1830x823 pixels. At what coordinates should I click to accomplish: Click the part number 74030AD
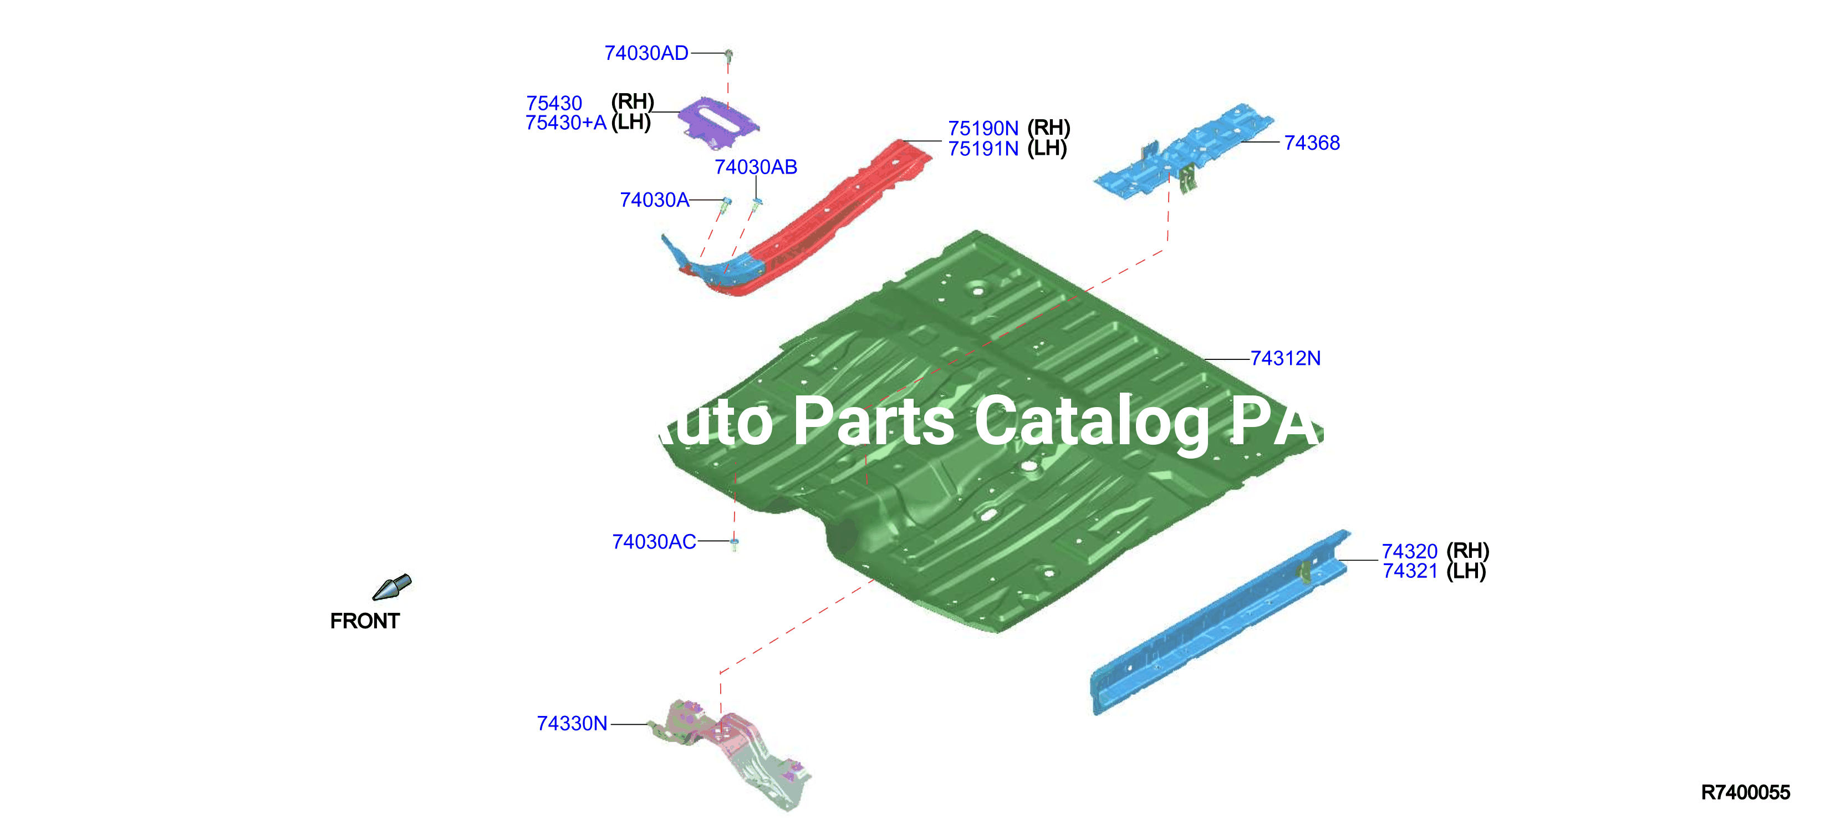646,53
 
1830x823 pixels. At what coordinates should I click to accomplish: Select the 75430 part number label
554,103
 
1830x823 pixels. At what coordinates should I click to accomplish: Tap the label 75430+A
566,123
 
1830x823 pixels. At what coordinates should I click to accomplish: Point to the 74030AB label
756,167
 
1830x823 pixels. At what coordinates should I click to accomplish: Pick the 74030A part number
654,200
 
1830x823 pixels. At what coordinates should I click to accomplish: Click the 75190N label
983,129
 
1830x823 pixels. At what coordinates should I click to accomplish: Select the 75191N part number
983,149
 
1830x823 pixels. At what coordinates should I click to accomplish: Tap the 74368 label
1312,143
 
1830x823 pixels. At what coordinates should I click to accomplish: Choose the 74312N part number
1286,358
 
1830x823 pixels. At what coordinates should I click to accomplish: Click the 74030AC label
654,542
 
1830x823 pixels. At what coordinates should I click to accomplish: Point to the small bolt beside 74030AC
735,543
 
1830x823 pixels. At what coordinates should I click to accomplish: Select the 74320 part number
1409,551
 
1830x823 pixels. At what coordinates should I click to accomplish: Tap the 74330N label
572,724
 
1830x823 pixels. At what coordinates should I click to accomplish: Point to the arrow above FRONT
392,587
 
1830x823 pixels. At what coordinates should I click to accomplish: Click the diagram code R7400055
1746,792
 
